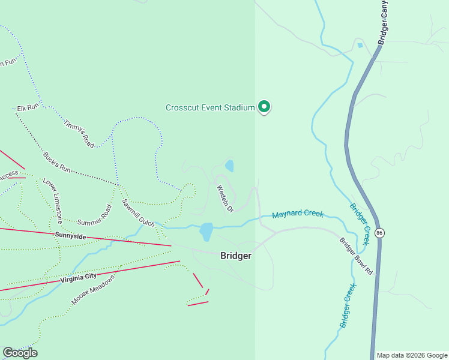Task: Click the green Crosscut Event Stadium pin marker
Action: pyautogui.click(x=264, y=107)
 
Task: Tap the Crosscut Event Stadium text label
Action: pyautogui.click(x=210, y=108)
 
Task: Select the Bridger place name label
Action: pyautogui.click(x=235, y=256)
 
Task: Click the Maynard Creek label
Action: pyautogui.click(x=298, y=214)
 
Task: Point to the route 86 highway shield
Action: pyautogui.click(x=379, y=233)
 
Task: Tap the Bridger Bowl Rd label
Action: pyautogui.click(x=356, y=257)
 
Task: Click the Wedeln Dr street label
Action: pyautogui.click(x=224, y=198)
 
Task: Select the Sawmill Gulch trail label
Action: pyautogui.click(x=138, y=212)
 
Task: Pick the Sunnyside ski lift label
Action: pyautogui.click(x=71, y=236)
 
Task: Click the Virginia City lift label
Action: pyautogui.click(x=79, y=277)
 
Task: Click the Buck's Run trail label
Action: pyautogui.click(x=57, y=163)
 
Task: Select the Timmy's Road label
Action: pyautogui.click(x=79, y=132)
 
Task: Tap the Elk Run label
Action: pyautogui.click(x=28, y=107)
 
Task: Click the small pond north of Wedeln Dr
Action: pyautogui.click(x=229, y=166)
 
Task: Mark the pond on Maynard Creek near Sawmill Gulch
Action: pyautogui.click(x=206, y=231)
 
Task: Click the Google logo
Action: pyautogui.click(x=20, y=353)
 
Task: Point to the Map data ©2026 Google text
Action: pyautogui.click(x=412, y=355)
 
